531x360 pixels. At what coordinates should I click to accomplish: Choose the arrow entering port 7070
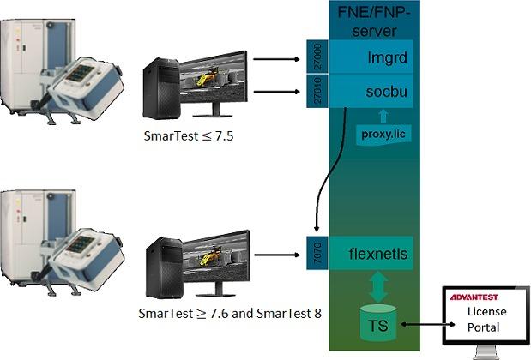[278, 253]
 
